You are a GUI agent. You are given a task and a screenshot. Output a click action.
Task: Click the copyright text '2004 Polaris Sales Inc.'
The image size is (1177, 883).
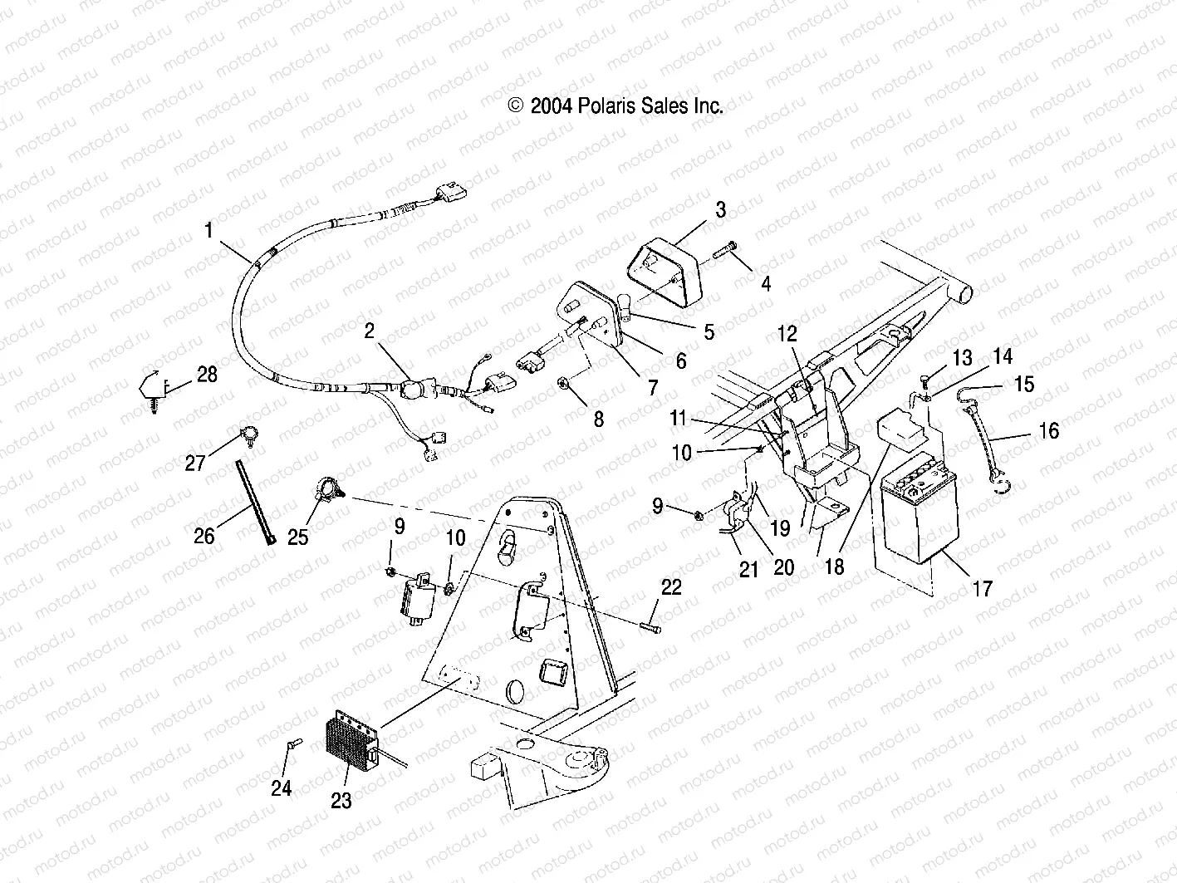click(615, 105)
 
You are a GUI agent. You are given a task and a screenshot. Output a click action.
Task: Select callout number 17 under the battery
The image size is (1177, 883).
click(982, 588)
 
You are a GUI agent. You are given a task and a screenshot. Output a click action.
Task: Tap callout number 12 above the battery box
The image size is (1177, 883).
click(787, 334)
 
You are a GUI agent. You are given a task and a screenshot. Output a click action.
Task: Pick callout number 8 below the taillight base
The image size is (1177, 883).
click(598, 419)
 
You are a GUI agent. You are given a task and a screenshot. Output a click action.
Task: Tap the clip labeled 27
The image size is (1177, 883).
click(247, 432)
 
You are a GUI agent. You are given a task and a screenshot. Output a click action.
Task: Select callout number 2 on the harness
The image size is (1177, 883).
click(370, 332)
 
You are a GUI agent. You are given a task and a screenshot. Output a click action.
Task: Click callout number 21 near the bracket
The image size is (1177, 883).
click(748, 570)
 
